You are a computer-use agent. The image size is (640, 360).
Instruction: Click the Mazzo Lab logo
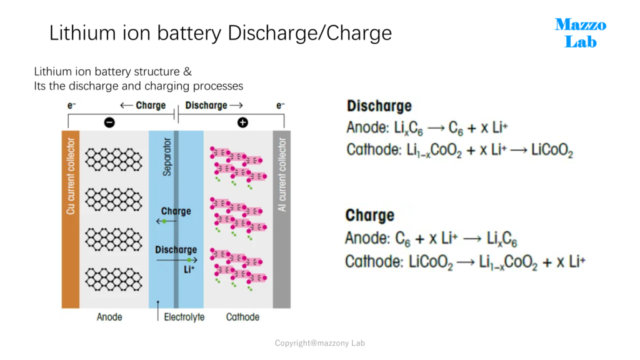tap(581, 33)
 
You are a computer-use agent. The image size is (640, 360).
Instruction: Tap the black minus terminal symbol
tap(109, 122)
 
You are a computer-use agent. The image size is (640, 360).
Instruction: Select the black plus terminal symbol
tap(243, 122)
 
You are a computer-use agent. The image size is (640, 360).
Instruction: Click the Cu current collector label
tap(71, 176)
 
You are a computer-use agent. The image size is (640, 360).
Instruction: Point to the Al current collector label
tap(282, 175)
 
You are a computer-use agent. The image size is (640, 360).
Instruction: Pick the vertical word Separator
tap(167, 157)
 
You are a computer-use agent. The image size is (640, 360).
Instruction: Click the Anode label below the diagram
tap(109, 317)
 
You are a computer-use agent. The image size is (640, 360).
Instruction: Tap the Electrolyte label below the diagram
tap(184, 317)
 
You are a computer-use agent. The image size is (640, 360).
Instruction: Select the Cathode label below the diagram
tap(242, 317)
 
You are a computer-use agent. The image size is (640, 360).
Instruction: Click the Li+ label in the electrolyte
tap(189, 269)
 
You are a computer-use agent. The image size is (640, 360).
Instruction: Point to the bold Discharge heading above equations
tap(379, 106)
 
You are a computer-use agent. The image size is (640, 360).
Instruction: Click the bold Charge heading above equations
tap(370, 215)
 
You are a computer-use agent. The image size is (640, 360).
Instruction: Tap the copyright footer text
tap(319, 343)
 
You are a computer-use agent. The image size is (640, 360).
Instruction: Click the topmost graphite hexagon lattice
tap(114, 159)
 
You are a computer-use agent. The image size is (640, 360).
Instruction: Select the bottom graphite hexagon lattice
tap(114, 279)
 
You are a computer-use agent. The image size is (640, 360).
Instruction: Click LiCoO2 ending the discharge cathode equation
tap(552, 150)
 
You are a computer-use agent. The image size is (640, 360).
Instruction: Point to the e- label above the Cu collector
tap(71, 106)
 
